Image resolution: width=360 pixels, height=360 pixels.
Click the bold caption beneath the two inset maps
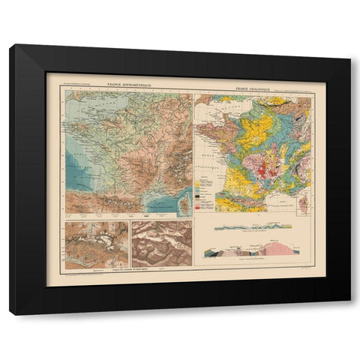[x=127, y=268]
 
